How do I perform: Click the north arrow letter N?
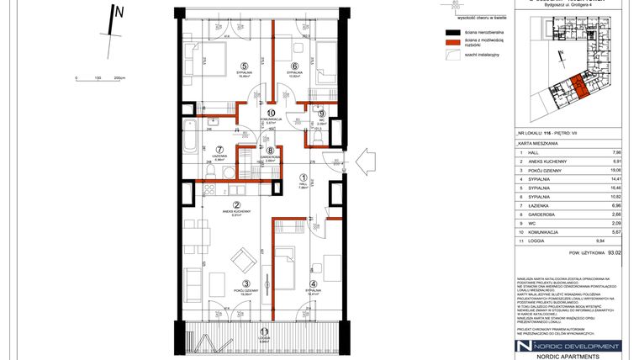120,12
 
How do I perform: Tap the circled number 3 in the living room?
246,283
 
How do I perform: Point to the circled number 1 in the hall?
304,177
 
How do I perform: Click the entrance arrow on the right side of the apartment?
367,158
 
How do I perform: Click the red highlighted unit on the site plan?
578,84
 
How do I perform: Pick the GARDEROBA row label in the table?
534,214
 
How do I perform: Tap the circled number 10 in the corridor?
271,113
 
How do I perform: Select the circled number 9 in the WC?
321,114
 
